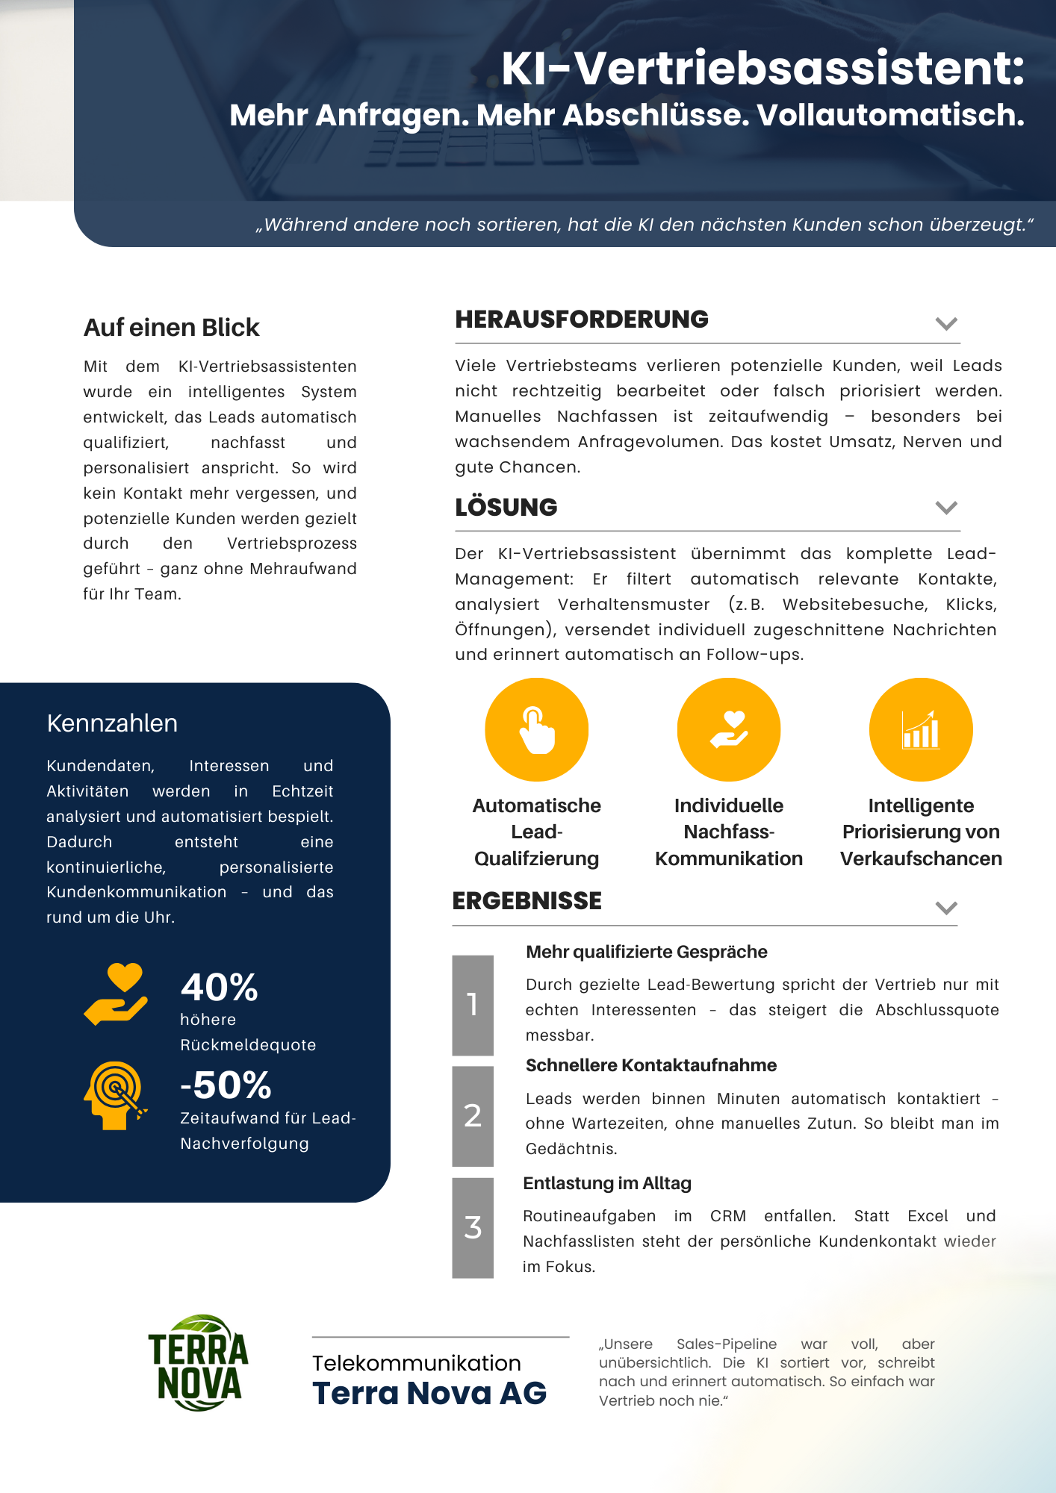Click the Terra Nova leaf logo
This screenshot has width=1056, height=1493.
pos(199,1362)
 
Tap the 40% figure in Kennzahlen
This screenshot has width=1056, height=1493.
pos(220,987)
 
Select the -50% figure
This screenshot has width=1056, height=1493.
pos(226,1085)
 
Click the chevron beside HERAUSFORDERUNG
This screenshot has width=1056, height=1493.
pos(946,323)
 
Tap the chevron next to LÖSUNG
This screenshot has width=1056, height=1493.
pos(946,508)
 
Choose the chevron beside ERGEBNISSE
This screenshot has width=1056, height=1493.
pos(946,908)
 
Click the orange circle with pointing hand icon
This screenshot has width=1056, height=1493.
pos(537,729)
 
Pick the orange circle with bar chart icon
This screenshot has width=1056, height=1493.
pos(921,729)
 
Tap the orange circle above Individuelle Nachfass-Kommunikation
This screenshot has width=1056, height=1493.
pos(729,729)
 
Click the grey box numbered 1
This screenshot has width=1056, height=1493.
pos(473,1005)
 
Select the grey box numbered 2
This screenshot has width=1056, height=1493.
pos(473,1116)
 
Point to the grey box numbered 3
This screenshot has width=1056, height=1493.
pos(473,1227)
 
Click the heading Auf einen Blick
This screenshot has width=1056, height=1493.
pos(172,328)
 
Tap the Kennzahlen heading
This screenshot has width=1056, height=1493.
pos(112,723)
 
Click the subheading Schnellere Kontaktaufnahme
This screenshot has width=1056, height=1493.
pos(651,1065)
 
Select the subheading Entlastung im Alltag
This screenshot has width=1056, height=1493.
pos(607,1183)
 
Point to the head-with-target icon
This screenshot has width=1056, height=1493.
pos(114,1094)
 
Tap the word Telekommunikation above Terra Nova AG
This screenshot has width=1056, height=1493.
pos(417,1363)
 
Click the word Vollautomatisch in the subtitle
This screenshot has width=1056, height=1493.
pos(890,115)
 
